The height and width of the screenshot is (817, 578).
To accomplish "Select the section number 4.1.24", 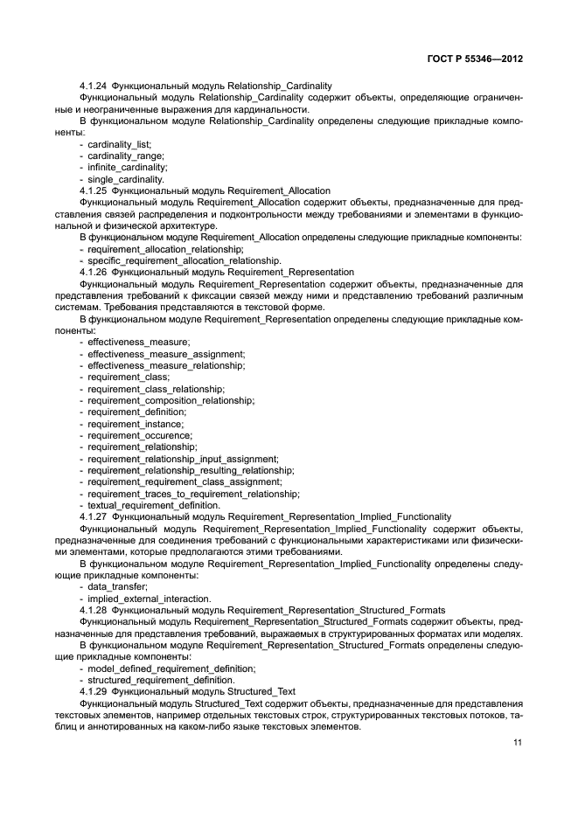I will pyautogui.click(x=94, y=86).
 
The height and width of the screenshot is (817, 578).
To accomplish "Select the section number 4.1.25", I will pyautogui.click(x=94, y=190).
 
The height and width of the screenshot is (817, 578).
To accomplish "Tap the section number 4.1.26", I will pyautogui.click(x=94, y=272).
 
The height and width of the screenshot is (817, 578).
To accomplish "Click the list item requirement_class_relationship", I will pyautogui.click(x=157, y=389).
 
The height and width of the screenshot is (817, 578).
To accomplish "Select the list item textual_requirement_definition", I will pyautogui.click(x=154, y=505).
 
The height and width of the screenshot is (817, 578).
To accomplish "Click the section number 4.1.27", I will pyautogui.click(x=94, y=516).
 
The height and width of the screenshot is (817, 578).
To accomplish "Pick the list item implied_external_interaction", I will pyautogui.click(x=150, y=599).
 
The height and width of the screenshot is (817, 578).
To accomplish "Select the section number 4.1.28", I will pyautogui.click(x=94, y=610).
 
